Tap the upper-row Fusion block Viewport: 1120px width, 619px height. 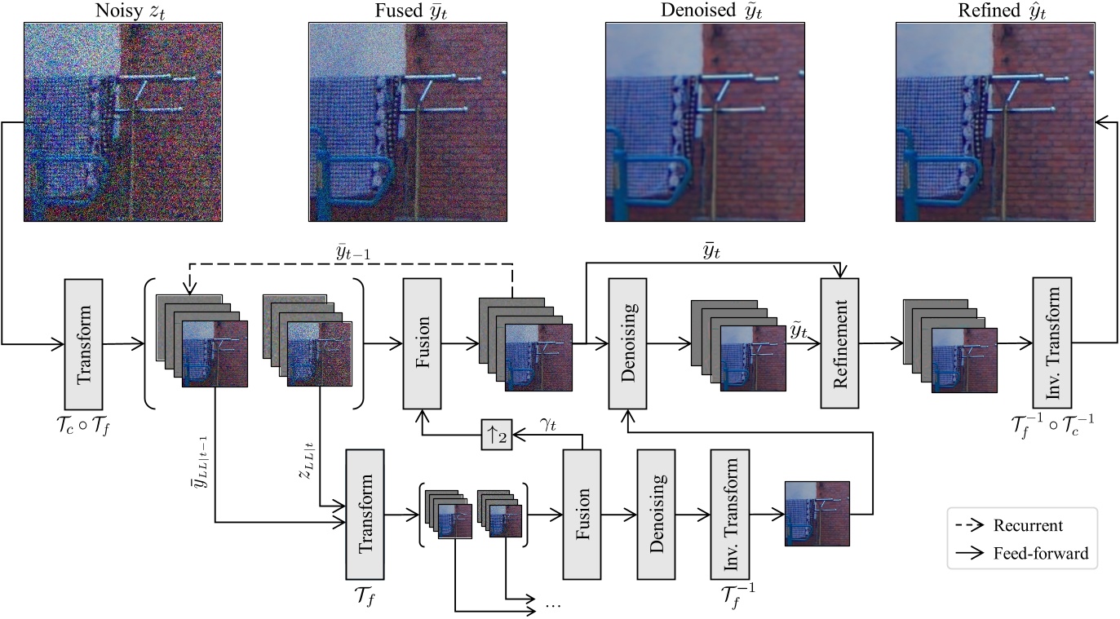pyautogui.click(x=423, y=343)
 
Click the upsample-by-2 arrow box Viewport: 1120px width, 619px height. pyautogui.click(x=495, y=436)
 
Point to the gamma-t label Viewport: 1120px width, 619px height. pyautogui.click(x=547, y=425)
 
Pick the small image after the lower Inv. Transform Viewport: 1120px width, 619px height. pyautogui.click(x=817, y=513)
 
